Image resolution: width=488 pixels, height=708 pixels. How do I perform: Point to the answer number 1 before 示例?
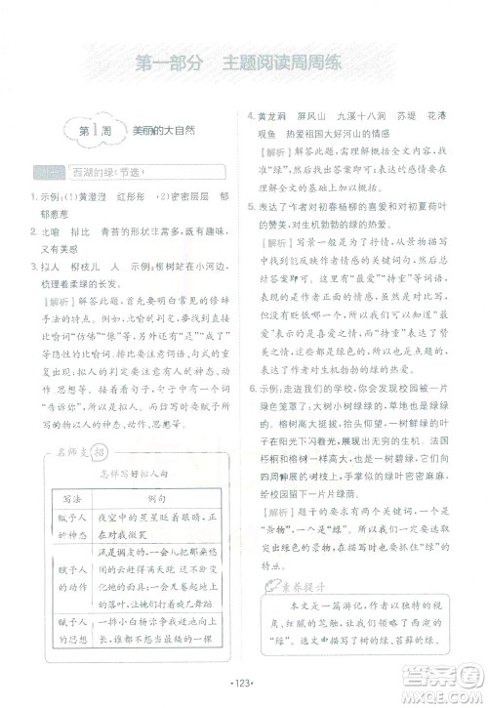point(33,198)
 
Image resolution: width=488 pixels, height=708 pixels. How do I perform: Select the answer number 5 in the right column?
point(251,206)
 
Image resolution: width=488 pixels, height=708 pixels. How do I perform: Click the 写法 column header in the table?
point(62,469)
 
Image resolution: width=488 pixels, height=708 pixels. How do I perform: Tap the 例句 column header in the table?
point(155,469)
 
